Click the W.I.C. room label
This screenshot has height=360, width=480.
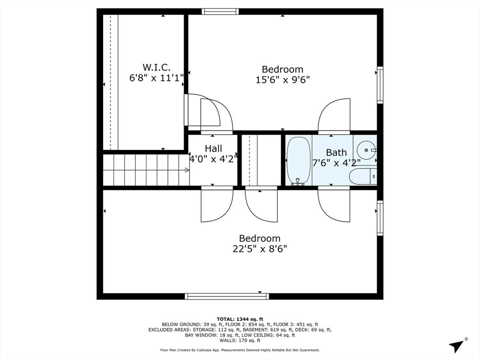tap(156, 67)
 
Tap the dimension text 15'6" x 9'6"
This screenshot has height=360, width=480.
tap(283, 80)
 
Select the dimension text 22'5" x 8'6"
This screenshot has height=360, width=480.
tap(260, 248)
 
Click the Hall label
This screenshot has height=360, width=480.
tap(213, 149)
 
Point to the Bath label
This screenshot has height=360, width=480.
tap(336, 152)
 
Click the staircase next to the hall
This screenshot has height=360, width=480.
tap(145, 170)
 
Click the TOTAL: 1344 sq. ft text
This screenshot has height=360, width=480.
tap(240, 319)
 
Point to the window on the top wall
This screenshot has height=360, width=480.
tap(220, 12)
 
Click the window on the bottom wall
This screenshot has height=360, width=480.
tap(227, 296)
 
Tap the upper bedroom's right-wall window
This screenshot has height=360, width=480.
tap(380, 85)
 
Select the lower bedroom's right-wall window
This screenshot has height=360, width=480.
tap(380, 218)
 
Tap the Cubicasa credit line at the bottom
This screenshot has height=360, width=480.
tap(240, 350)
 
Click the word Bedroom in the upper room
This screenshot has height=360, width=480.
tap(282, 69)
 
